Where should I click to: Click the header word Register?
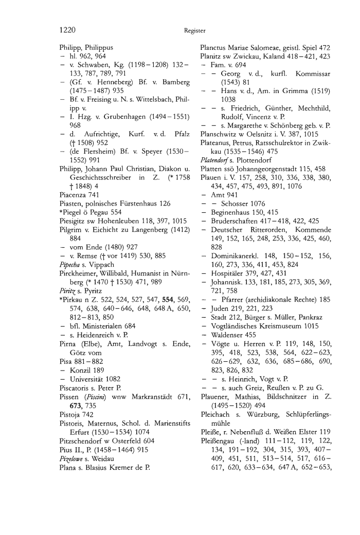tap(194, 30)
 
